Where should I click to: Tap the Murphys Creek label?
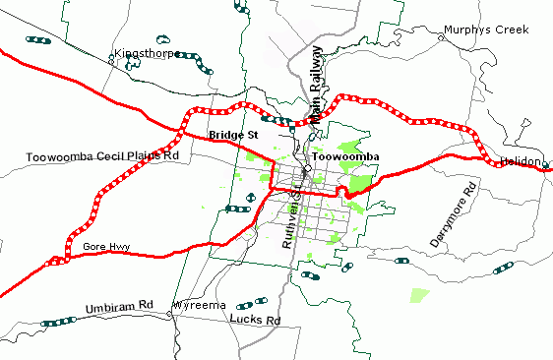[486, 30]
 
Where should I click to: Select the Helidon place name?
[521, 160]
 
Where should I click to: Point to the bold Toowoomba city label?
[345, 156]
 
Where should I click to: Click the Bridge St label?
[233, 134]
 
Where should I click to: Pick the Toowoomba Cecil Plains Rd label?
[103, 155]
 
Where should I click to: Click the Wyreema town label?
[200, 306]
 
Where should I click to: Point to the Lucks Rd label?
[254, 320]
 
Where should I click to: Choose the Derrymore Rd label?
[454, 213]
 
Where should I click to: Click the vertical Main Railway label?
[316, 85]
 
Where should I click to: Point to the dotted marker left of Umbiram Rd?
[60, 321]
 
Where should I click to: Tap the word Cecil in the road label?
[115, 155]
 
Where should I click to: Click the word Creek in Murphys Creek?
[511, 30]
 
